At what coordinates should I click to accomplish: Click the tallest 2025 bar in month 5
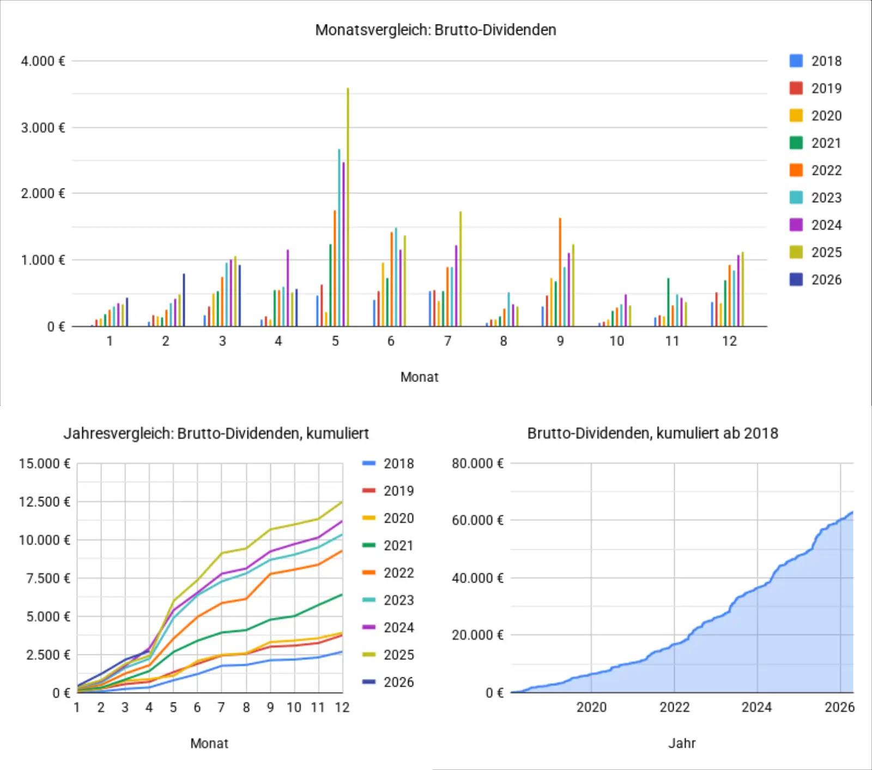tap(348, 207)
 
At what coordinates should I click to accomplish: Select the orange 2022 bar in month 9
tap(560, 272)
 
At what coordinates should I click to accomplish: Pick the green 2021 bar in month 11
tap(668, 302)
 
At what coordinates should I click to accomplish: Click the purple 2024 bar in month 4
tap(288, 288)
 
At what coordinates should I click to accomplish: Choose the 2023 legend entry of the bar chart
tap(815, 197)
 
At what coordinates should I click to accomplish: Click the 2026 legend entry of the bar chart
tap(815, 280)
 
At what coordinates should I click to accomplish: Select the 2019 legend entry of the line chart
tap(388, 490)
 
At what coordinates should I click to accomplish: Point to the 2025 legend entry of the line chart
tap(388, 654)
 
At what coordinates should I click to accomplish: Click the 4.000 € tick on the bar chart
tap(43, 61)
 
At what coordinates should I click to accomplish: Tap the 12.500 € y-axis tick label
tap(45, 501)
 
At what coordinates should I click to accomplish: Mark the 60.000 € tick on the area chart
tap(477, 520)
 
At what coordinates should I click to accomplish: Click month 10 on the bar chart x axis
tap(616, 341)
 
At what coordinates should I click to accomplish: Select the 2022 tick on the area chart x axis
tap(674, 707)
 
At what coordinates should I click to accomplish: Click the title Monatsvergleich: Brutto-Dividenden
tap(436, 29)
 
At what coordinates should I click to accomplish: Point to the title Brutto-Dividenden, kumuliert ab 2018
tap(653, 433)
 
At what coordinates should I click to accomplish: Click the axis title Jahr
tap(682, 743)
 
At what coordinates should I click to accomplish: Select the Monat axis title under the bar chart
tap(420, 377)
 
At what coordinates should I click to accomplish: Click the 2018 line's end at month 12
tap(342, 652)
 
